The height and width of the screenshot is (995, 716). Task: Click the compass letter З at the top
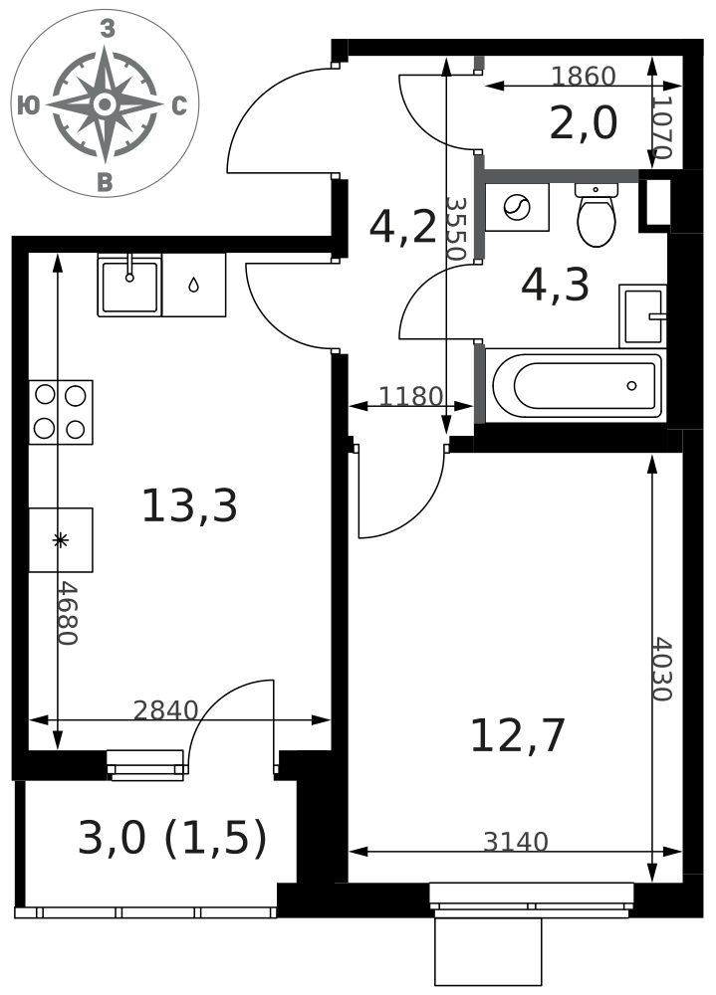point(108,29)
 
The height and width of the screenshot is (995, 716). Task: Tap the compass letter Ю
point(28,105)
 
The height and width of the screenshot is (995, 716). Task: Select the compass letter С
point(180,106)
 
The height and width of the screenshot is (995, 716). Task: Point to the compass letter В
point(106,183)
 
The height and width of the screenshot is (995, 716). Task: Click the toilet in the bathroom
point(596,215)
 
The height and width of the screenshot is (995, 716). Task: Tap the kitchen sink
point(129,285)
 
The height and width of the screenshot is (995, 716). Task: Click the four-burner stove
point(61,413)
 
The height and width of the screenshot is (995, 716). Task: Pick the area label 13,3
point(189,506)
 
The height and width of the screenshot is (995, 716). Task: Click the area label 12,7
point(517,735)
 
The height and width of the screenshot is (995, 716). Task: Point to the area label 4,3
point(556,286)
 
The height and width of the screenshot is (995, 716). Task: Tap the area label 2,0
point(584,123)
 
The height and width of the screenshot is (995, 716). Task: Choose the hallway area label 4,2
point(402,228)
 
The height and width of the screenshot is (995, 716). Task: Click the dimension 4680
point(67,613)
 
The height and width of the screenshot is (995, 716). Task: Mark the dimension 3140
point(515,842)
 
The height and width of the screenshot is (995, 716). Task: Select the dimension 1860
point(584,77)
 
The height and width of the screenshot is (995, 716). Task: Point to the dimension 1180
point(410,397)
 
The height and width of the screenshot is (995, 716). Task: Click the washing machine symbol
point(517,208)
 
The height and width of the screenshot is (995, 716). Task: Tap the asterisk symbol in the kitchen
point(60,540)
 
